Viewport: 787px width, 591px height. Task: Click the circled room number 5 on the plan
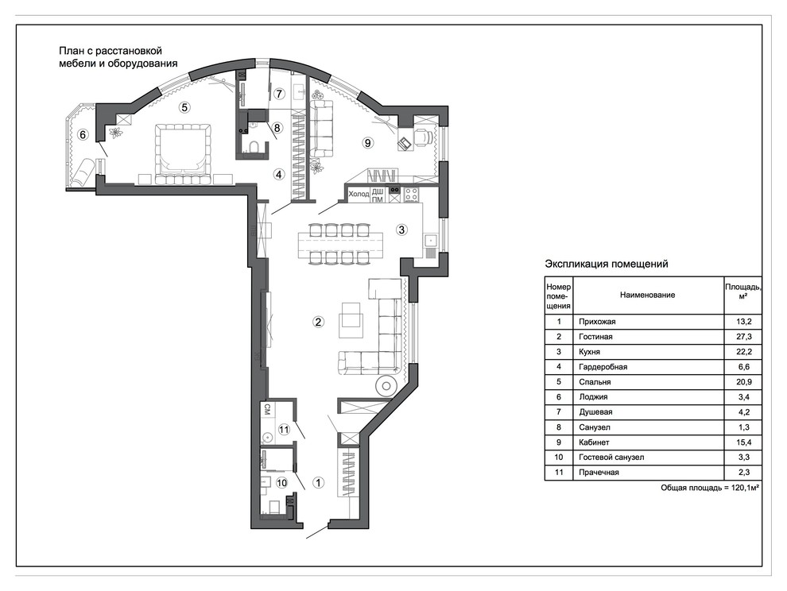tap(184, 107)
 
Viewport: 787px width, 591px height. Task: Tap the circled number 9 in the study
tap(368, 143)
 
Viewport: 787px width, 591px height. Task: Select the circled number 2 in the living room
tap(318, 322)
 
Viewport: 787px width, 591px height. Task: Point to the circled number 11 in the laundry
tap(284, 430)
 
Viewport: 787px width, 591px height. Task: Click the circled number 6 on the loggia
tap(83, 134)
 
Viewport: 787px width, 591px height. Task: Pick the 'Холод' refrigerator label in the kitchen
tap(359, 194)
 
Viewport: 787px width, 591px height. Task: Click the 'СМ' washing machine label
tap(268, 408)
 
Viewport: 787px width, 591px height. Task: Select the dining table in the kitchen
tap(339, 244)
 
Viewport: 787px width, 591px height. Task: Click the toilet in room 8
tap(254, 147)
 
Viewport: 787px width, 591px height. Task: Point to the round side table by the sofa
tap(386, 386)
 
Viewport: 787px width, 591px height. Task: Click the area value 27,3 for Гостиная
tap(743, 337)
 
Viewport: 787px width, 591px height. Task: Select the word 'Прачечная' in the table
tap(599, 472)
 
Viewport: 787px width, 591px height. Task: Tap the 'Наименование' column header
tap(647, 295)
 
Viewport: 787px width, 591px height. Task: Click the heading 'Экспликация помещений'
tap(607, 264)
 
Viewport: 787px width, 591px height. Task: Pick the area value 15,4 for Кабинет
tap(743, 442)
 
